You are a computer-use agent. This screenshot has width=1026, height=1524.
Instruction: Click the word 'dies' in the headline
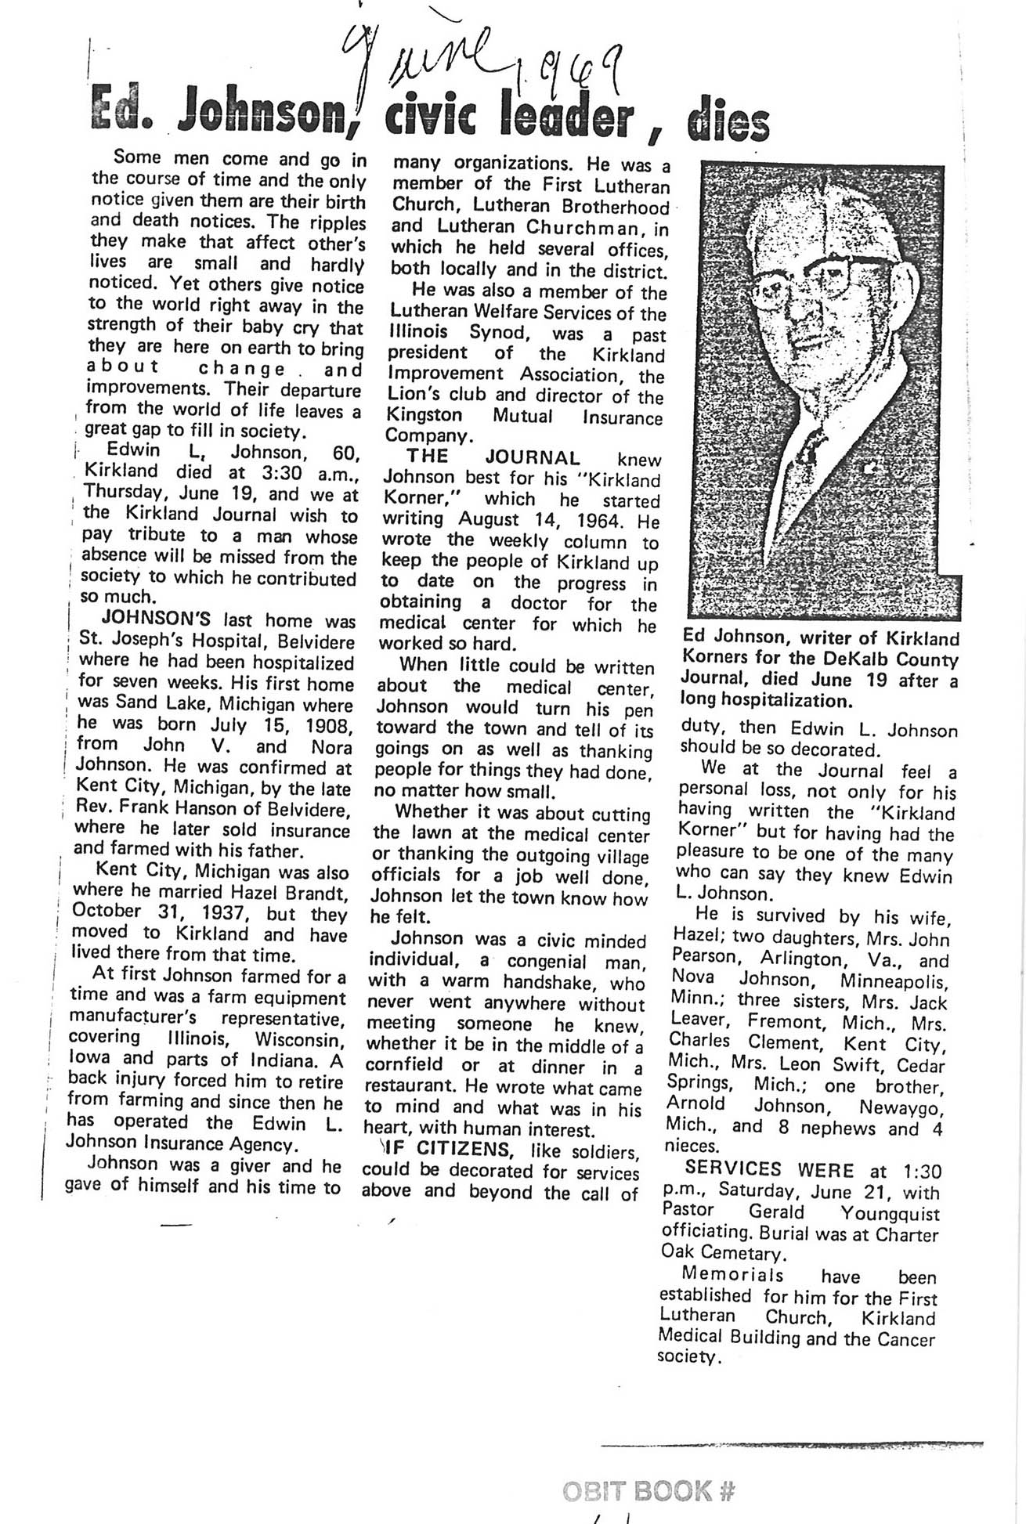coord(728,122)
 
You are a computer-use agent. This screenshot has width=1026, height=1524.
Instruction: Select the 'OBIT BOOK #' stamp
coord(648,1490)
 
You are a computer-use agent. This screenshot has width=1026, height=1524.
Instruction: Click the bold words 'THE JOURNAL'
coord(493,457)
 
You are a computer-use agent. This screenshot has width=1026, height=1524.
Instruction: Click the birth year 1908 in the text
coord(325,725)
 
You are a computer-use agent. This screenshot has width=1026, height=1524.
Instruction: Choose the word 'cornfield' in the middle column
coord(404,1065)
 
